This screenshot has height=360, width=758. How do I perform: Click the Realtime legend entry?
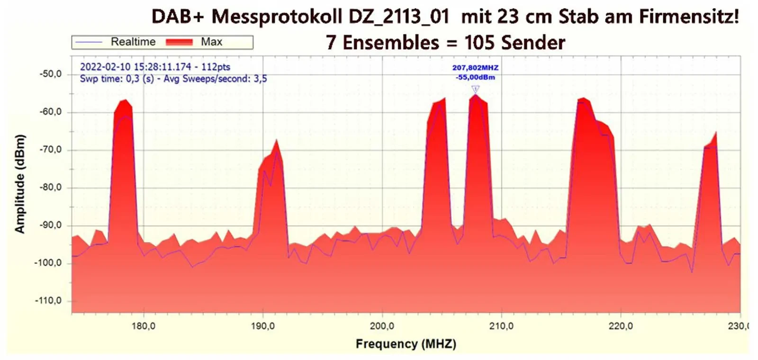click(133, 42)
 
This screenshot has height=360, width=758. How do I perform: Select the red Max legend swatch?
click(179, 42)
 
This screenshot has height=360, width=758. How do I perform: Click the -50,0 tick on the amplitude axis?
click(51, 74)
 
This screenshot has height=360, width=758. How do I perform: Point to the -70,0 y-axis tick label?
click(51, 150)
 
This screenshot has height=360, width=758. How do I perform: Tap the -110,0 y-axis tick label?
click(49, 301)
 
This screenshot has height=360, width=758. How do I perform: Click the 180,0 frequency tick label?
click(144, 326)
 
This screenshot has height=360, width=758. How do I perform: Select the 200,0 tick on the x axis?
click(382, 326)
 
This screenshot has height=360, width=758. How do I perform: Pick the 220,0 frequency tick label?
click(621, 326)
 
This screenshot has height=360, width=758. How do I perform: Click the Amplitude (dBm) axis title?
click(19, 184)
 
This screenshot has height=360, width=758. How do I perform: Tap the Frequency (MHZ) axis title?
click(406, 344)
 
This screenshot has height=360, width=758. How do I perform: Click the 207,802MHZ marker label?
click(475, 68)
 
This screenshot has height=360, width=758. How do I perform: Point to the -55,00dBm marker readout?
click(475, 77)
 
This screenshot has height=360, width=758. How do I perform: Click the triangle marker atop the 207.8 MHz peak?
click(476, 89)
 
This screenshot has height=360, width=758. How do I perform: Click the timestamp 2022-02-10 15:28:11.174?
click(135, 67)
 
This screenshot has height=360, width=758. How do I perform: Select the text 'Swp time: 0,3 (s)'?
click(117, 79)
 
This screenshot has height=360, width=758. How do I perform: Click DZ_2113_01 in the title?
click(399, 17)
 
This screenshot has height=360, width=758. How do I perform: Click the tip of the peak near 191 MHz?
click(276, 140)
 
